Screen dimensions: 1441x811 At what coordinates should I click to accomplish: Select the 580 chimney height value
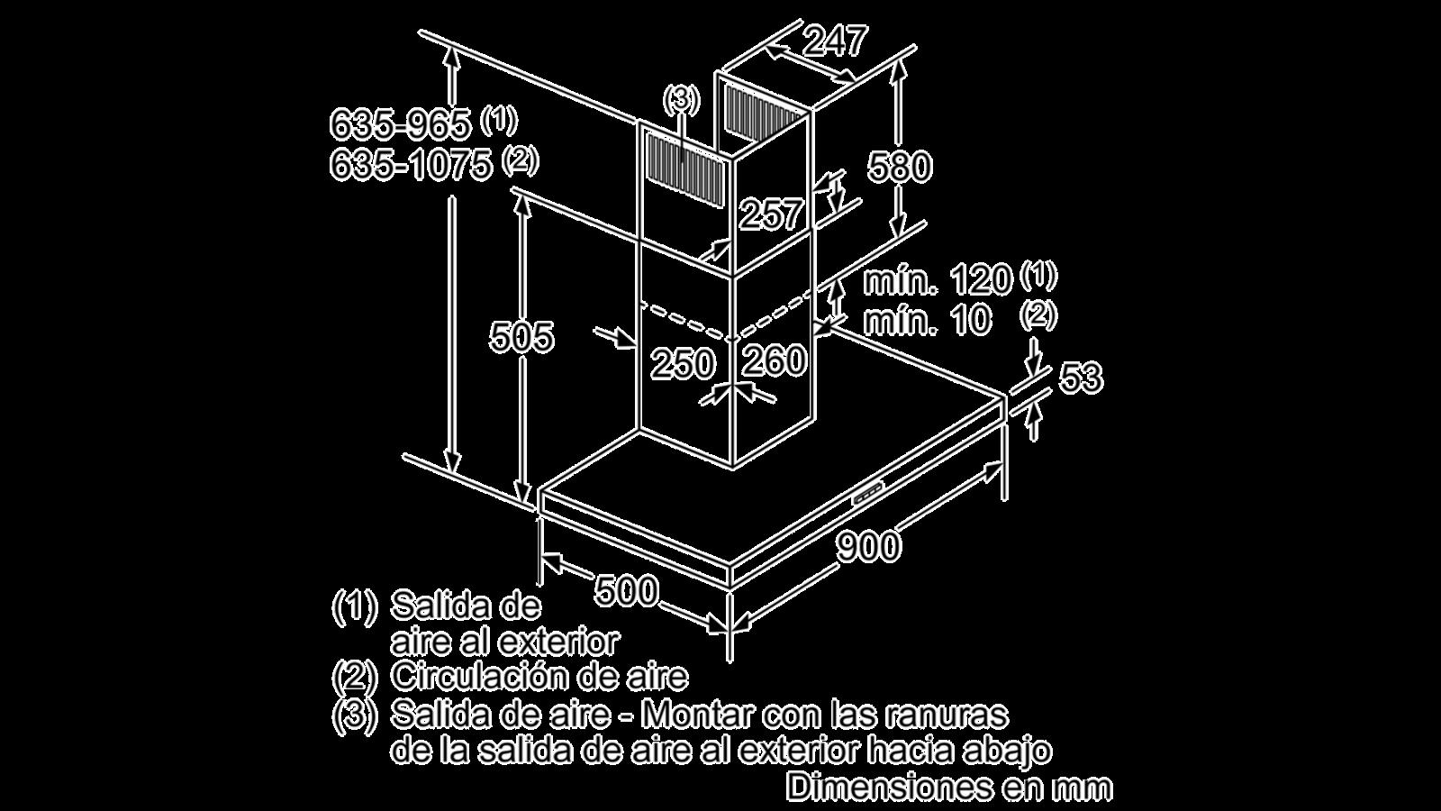coord(900,166)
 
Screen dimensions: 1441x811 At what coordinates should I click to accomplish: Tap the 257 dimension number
coord(771,214)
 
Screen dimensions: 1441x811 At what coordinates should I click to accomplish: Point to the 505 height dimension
coord(521,336)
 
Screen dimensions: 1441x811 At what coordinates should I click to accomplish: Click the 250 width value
coord(683,363)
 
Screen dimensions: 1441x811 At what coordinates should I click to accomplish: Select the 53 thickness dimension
coord(1081,378)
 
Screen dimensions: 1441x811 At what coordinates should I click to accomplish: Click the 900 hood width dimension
coord(868,546)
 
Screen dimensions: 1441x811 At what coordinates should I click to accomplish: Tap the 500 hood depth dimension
coord(627,590)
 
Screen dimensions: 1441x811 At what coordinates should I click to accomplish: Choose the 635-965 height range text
coord(400,123)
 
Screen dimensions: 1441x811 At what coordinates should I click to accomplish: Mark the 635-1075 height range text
coord(411,165)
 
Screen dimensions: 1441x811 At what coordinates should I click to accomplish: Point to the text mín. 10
coord(927,320)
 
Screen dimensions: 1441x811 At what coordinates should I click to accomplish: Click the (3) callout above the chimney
coord(682,100)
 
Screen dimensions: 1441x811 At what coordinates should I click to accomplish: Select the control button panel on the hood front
coord(868,494)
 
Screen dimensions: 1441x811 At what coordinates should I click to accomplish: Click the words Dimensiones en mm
coord(949,787)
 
